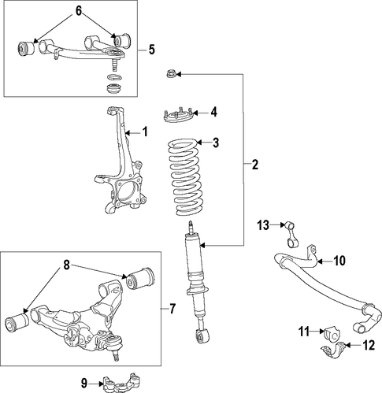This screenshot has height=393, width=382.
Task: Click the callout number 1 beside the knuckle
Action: (x=145, y=132)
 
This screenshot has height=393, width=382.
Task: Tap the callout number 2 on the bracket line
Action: (x=255, y=165)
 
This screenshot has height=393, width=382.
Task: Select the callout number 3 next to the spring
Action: (x=216, y=143)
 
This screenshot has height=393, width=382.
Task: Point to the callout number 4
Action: (x=214, y=113)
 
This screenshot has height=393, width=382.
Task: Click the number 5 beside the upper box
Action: (x=152, y=50)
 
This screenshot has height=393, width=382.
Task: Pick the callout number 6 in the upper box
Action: (x=79, y=11)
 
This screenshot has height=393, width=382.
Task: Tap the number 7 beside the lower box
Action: (x=172, y=309)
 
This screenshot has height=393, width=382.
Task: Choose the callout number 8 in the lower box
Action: (x=66, y=265)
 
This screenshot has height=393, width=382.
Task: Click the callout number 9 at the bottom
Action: (x=84, y=384)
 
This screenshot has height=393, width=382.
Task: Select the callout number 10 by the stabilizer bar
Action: (x=339, y=261)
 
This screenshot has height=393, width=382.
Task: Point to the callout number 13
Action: (x=263, y=225)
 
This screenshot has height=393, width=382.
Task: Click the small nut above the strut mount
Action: (x=170, y=75)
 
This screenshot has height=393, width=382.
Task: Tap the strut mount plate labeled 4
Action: (x=179, y=117)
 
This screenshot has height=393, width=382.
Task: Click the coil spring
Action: (x=185, y=177)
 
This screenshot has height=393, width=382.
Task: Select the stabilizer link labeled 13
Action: (x=291, y=235)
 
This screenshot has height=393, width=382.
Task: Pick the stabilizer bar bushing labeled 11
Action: (x=332, y=334)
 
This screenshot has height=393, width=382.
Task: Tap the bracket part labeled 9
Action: (x=122, y=382)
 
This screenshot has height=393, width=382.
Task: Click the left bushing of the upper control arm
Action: (x=25, y=48)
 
